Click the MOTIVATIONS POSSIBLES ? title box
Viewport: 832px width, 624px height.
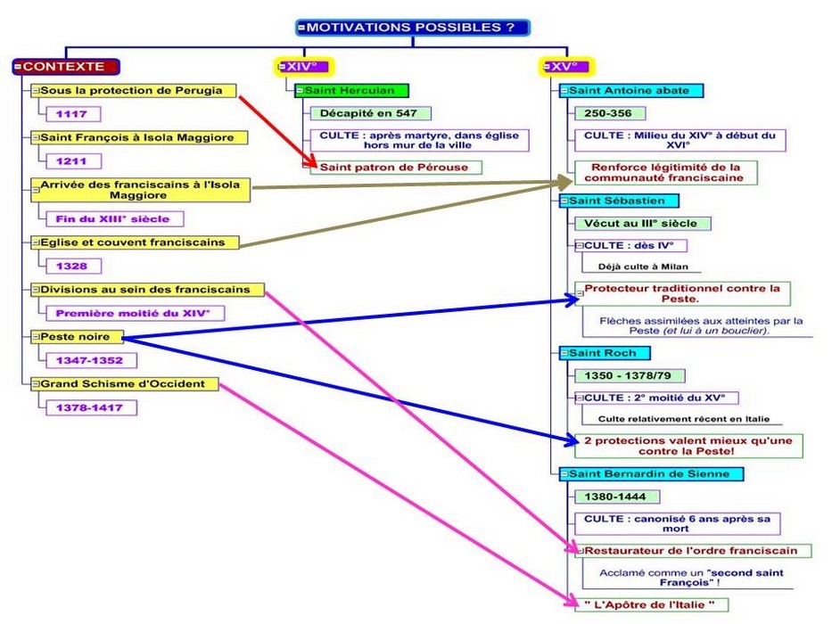(412, 28)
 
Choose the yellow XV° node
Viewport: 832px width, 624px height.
(567, 66)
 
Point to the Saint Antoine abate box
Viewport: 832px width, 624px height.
(631, 90)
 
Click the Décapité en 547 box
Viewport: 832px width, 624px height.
(369, 113)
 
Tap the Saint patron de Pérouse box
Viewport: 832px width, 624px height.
(396, 167)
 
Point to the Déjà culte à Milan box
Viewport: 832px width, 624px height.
(638, 266)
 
